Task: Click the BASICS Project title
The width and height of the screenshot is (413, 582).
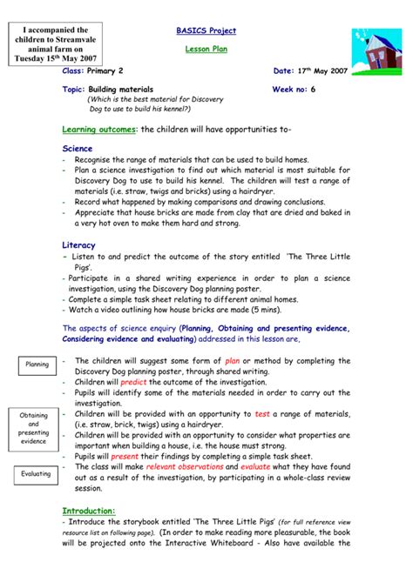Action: pyautogui.click(x=206, y=31)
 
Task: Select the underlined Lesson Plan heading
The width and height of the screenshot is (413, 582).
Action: pyautogui.click(x=206, y=50)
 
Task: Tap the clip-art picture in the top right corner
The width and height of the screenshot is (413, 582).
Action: pyautogui.click(x=373, y=43)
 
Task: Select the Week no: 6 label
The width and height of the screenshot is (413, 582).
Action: pyautogui.click(x=295, y=90)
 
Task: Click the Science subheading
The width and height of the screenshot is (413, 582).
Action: pyautogui.click(x=78, y=149)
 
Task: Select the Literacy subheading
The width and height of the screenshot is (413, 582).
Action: pyautogui.click(x=79, y=245)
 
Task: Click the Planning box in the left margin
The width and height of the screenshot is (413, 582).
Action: pyautogui.click(x=37, y=365)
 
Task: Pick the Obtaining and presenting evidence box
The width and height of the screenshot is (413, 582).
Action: pyautogui.click(x=34, y=428)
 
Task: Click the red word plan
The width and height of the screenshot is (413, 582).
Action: pyautogui.click(x=232, y=360)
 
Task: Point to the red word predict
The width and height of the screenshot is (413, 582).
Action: pyautogui.click(x=134, y=381)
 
